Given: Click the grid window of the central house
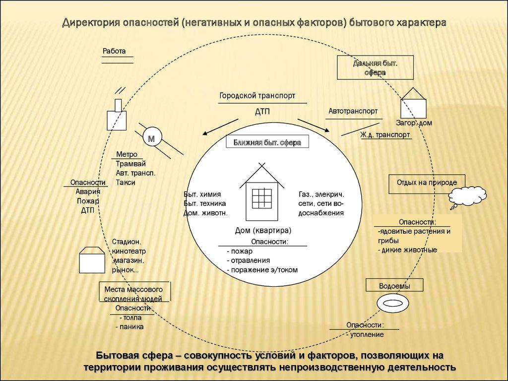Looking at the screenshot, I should (262, 198).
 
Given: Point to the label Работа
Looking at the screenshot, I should (115, 51).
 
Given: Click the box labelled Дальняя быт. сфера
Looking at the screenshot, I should (375, 68).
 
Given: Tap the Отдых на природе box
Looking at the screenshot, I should (427, 183).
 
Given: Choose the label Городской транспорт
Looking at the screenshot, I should (257, 95).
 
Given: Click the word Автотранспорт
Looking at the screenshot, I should (353, 111).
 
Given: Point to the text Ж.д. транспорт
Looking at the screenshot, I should (385, 134).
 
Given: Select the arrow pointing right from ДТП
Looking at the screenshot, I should (314, 125).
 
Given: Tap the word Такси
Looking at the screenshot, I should (126, 182).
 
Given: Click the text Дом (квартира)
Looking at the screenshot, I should (263, 231).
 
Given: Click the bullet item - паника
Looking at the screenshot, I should (129, 327).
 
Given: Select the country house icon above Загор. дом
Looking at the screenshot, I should (413, 105).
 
